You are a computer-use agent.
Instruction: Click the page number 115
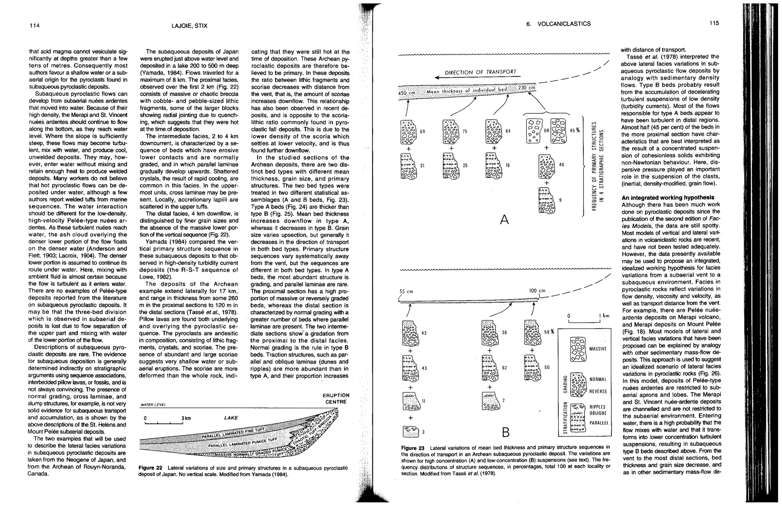[x=714, y=23]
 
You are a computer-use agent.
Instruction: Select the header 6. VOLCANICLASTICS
[x=558, y=24]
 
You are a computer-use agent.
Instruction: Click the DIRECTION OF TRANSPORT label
[x=480, y=72]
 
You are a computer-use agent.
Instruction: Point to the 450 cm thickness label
[x=406, y=93]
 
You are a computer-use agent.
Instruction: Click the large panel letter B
[x=506, y=433]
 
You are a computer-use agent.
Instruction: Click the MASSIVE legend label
[x=598, y=349]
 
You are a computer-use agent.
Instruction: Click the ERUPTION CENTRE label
[x=337, y=398]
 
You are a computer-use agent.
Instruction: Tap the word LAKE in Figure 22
[x=231, y=418]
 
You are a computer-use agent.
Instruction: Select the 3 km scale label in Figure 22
[x=186, y=418]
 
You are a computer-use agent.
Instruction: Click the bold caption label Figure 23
[x=412, y=448]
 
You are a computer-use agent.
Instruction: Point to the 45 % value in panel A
[x=575, y=131]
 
